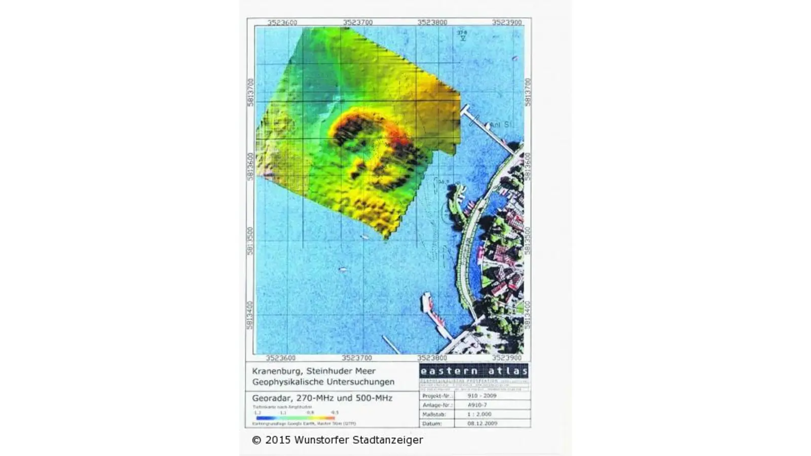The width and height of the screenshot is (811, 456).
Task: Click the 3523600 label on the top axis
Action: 282,22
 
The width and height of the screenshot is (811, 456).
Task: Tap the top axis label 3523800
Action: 432,22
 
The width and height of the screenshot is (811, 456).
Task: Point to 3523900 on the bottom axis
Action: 507,358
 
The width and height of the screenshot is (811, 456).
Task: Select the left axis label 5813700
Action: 250,92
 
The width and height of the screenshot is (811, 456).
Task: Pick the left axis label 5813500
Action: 250,241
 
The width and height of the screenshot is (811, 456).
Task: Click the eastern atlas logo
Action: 474,371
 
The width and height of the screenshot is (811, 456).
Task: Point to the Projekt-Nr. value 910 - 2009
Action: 482,396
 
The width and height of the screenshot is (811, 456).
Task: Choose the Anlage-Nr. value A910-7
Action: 477,405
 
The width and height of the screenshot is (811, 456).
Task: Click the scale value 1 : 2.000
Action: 480,414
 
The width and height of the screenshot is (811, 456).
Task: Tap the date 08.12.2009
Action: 482,423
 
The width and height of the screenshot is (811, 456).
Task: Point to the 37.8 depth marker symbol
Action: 462,35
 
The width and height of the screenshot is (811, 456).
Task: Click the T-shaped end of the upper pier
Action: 465,109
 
